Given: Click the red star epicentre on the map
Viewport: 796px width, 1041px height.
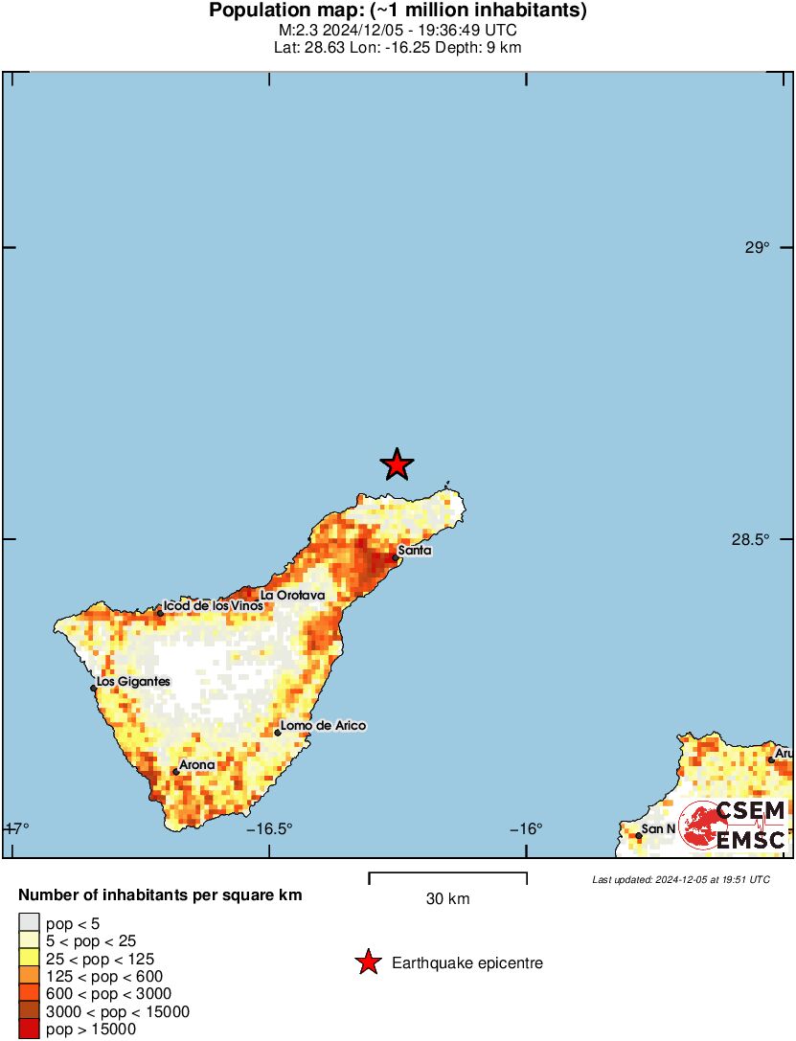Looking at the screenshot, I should pyautogui.click(x=397, y=464).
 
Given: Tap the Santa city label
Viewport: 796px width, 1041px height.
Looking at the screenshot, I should pyautogui.click(x=414, y=551).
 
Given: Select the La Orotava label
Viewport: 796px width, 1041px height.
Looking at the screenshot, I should pyautogui.click(x=293, y=595).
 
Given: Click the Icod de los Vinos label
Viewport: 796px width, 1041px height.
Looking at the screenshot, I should pyautogui.click(x=212, y=606).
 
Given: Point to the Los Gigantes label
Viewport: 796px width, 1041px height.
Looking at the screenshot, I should pyautogui.click(x=134, y=682).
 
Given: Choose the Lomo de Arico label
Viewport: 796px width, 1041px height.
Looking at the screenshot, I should pyautogui.click(x=323, y=726).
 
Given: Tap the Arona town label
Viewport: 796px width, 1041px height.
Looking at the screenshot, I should pyautogui.click(x=196, y=765).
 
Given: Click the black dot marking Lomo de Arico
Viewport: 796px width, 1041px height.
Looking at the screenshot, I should pyautogui.click(x=278, y=733).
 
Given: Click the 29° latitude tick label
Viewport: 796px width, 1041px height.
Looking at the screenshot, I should pyautogui.click(x=757, y=248).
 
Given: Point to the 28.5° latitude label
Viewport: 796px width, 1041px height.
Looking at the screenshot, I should pyautogui.click(x=750, y=540).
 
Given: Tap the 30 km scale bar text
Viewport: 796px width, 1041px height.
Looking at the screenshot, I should pyautogui.click(x=447, y=899).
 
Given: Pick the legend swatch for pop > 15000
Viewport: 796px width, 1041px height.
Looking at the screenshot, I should pyautogui.click(x=30, y=1030).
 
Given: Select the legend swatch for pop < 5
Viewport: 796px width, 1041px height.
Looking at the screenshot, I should pyautogui.click(x=30, y=923).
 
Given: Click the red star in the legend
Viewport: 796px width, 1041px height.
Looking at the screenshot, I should pyautogui.click(x=367, y=963).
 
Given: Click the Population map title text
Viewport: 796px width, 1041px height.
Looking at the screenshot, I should pyautogui.click(x=398, y=11).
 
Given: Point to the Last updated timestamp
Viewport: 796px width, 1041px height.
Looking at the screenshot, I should pyautogui.click(x=680, y=879).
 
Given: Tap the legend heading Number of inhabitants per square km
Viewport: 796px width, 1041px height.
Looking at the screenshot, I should pyautogui.click(x=161, y=896).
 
